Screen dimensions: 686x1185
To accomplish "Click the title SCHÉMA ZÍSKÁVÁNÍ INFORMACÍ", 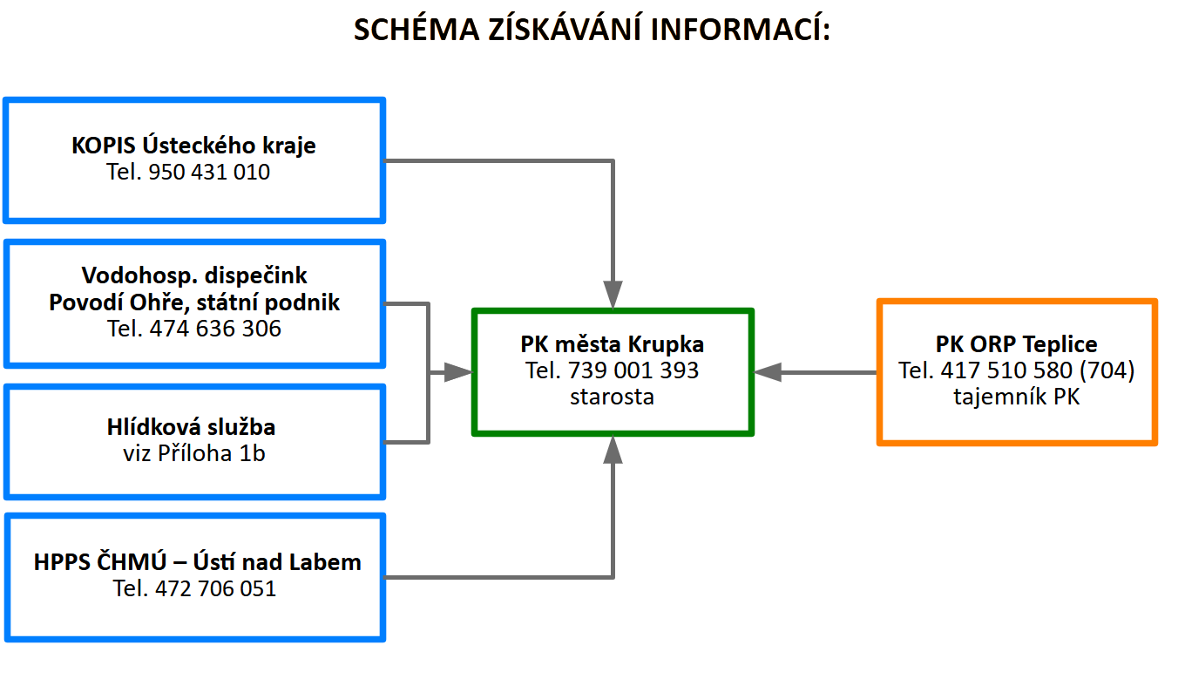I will pyautogui.click(x=592, y=30).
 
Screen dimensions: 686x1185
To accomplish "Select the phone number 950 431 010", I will pyautogui.click(x=209, y=173).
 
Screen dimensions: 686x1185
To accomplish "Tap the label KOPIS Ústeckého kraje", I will pyautogui.click(x=193, y=146).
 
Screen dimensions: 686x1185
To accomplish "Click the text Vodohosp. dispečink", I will pyautogui.click(x=194, y=276).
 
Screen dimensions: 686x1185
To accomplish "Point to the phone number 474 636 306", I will pyautogui.click(x=215, y=329).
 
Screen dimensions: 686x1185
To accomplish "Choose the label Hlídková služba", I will pyautogui.click(x=192, y=427).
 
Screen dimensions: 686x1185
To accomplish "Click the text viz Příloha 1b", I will pyautogui.click(x=194, y=453).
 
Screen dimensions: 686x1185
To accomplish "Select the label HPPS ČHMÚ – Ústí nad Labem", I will pyautogui.click(x=197, y=562).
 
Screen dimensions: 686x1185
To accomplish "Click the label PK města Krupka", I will pyautogui.click(x=612, y=344).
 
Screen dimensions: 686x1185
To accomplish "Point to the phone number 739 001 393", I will pyautogui.click(x=633, y=370).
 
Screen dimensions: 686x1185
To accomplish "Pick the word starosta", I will pyautogui.click(x=612, y=397).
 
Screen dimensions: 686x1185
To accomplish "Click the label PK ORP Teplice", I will pyautogui.click(x=1016, y=344).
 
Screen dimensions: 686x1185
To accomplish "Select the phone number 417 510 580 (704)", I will pyautogui.click(x=1037, y=370).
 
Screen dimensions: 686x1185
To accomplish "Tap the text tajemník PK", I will pyautogui.click(x=1016, y=397).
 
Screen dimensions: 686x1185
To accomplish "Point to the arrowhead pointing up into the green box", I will pyautogui.click(x=613, y=450).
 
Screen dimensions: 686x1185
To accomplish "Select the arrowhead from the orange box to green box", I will pyautogui.click(x=768, y=372).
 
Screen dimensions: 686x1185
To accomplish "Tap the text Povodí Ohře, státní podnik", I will pyautogui.click(x=194, y=302).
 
